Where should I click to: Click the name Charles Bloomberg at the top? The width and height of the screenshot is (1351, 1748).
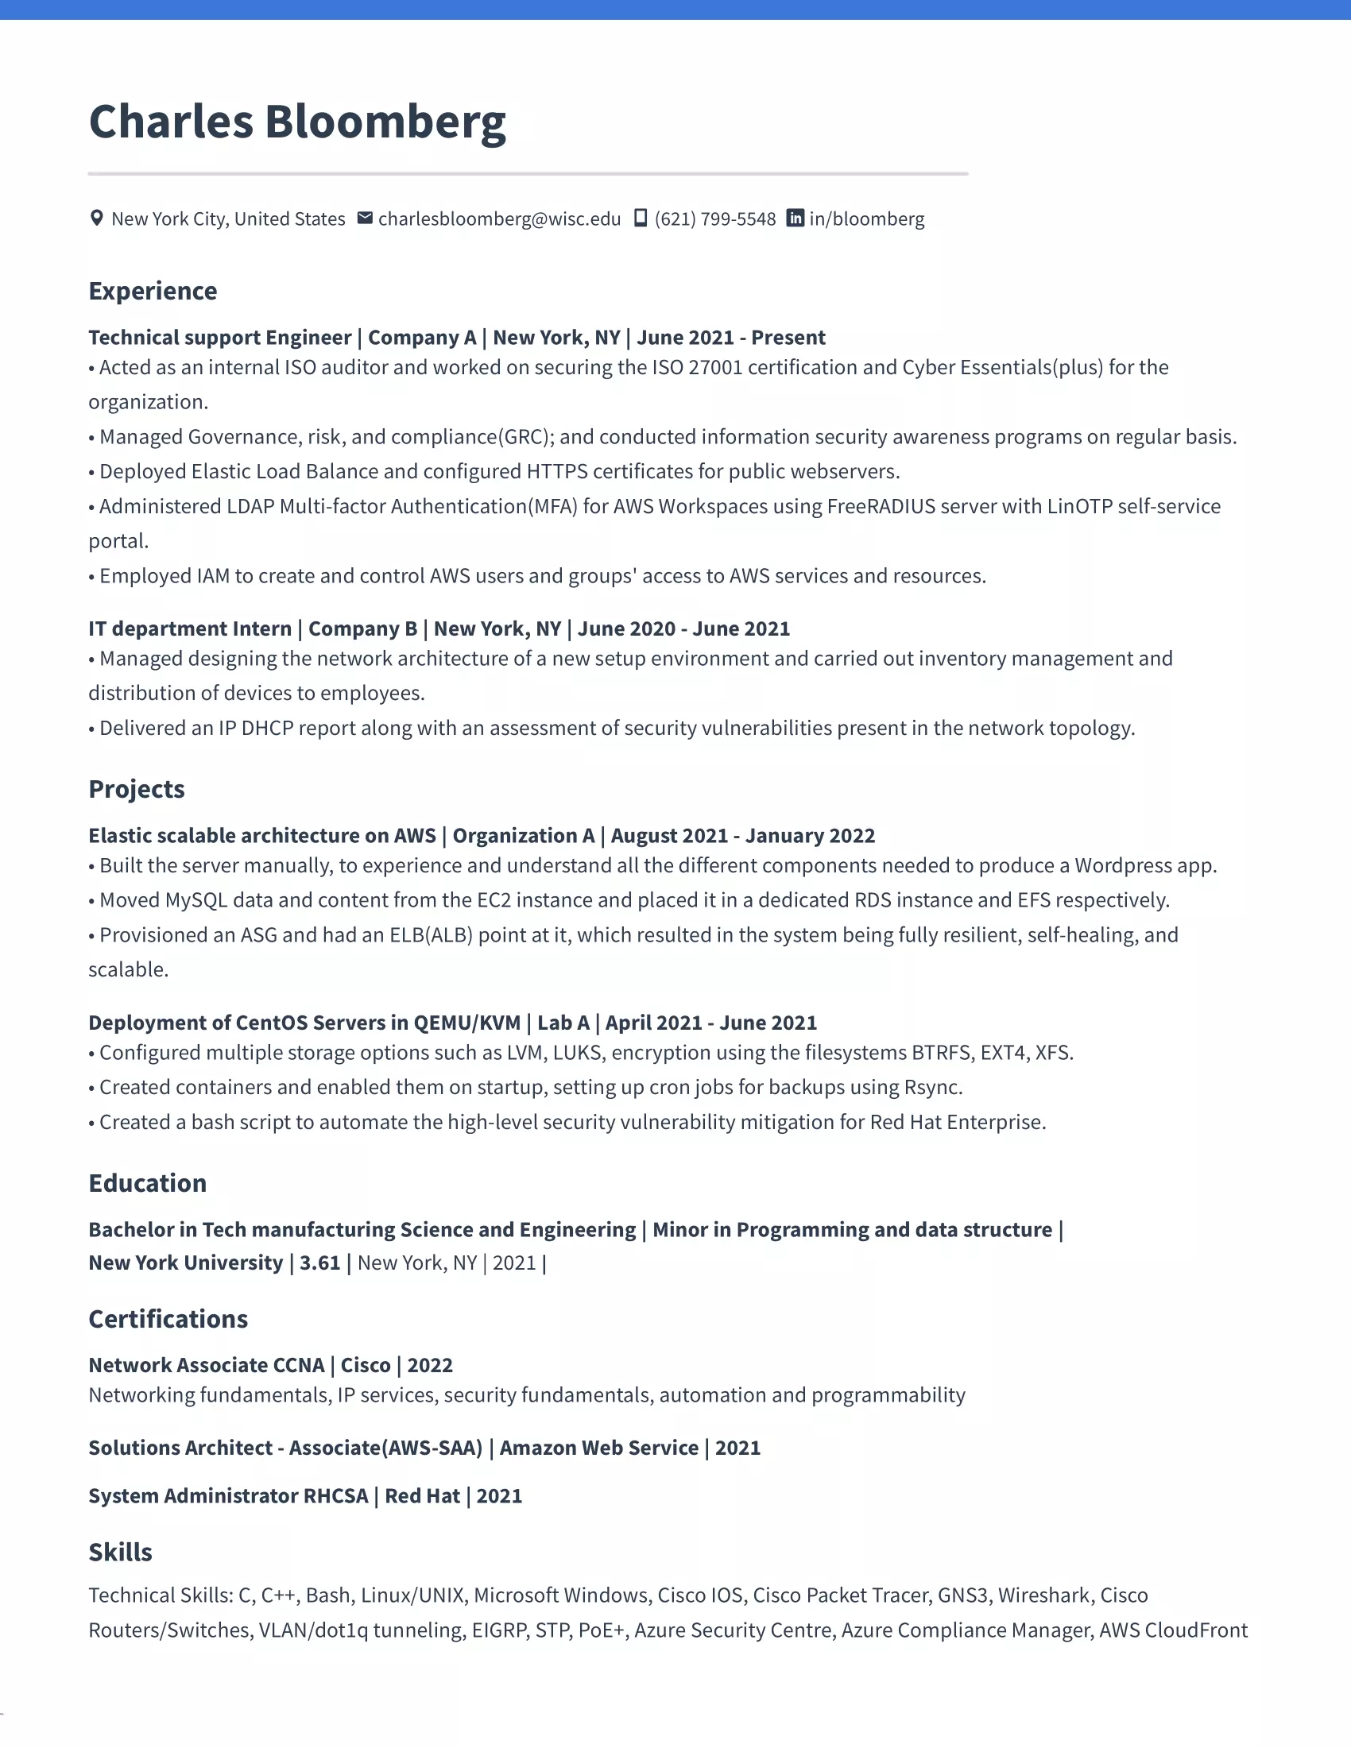point(297,122)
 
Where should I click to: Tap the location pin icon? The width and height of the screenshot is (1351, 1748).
point(97,218)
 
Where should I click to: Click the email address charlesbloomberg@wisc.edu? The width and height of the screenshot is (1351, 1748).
point(499,219)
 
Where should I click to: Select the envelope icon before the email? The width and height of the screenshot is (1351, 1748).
point(365,218)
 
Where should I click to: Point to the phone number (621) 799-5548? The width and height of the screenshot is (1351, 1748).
point(714,219)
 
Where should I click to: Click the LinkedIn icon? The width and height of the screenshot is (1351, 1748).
point(795,218)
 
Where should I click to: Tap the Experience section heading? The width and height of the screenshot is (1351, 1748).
point(153,292)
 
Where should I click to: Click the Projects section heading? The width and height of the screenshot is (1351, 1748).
point(137,789)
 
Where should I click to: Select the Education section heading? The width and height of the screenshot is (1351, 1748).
point(147,1183)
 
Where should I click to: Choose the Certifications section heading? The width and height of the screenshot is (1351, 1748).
point(168,1319)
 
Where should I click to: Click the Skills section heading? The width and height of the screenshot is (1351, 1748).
point(120,1552)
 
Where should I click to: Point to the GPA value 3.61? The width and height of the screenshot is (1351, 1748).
point(320,1263)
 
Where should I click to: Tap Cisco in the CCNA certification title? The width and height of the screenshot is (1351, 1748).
point(365,1364)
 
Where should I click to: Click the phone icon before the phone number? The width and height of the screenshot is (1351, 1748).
point(641,218)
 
